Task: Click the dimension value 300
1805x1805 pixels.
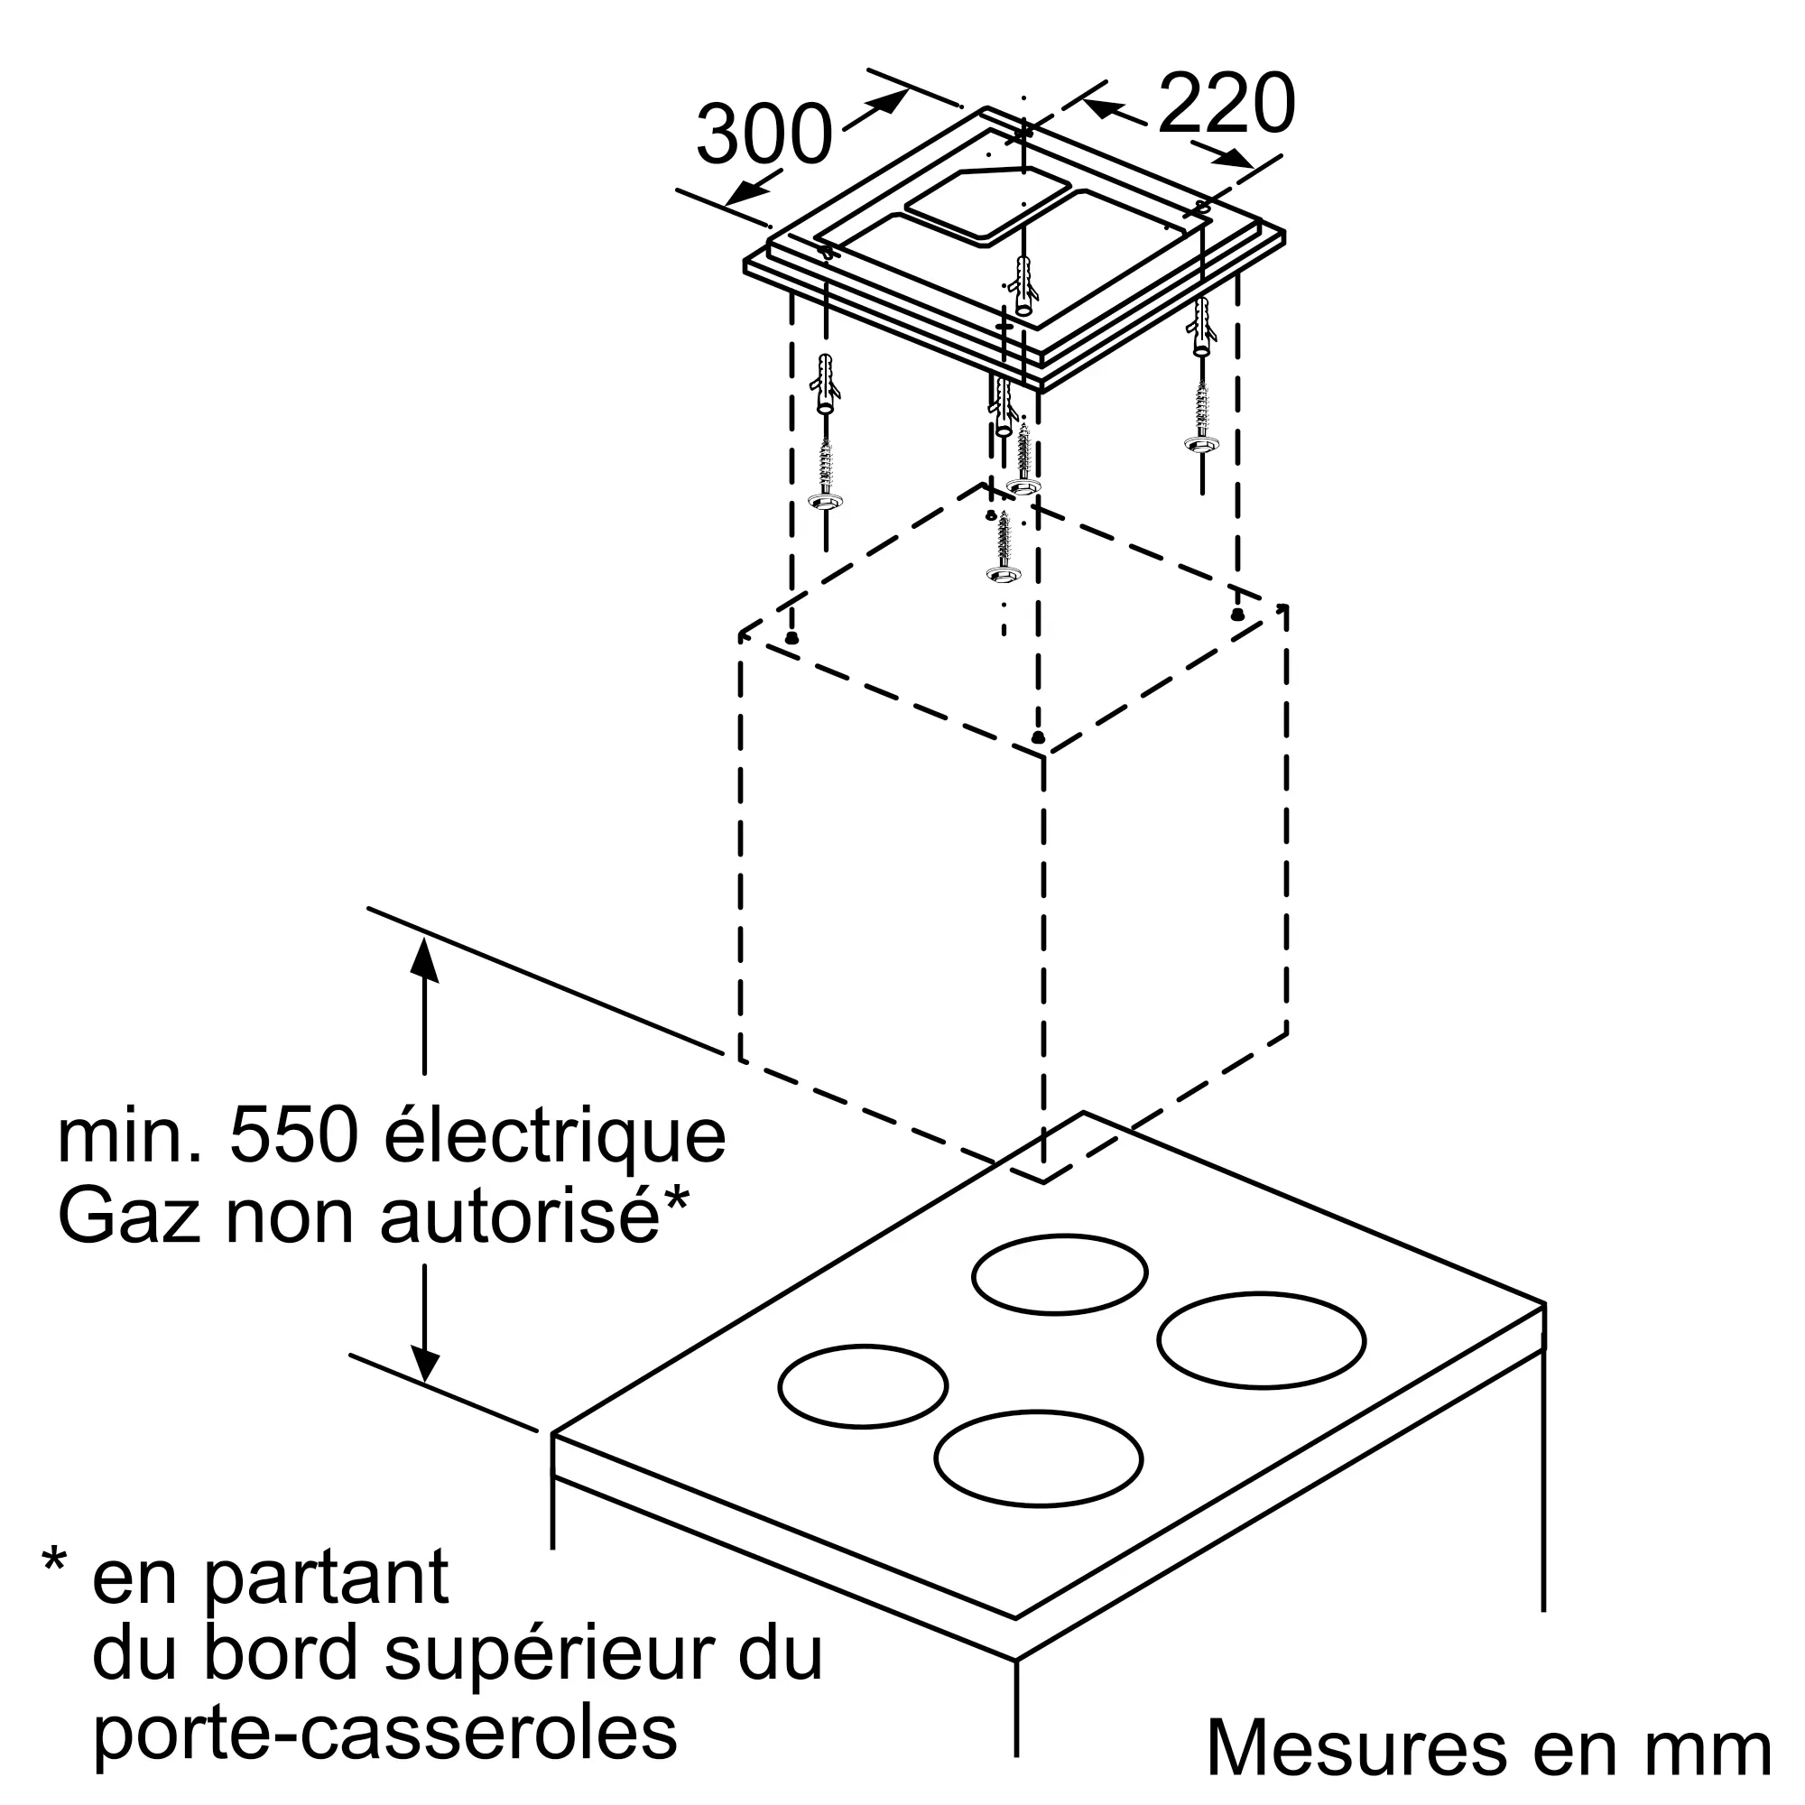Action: pyautogui.click(x=764, y=135)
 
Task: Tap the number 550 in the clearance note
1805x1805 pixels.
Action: pyautogui.click(x=293, y=1137)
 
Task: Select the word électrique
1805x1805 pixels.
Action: pyautogui.click(x=555, y=1137)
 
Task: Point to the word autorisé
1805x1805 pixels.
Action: pyautogui.click(x=520, y=1217)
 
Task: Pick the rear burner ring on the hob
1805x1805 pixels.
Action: pyautogui.click(x=1060, y=1273)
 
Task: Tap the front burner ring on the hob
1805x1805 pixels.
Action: pyautogui.click(x=1038, y=1458)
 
